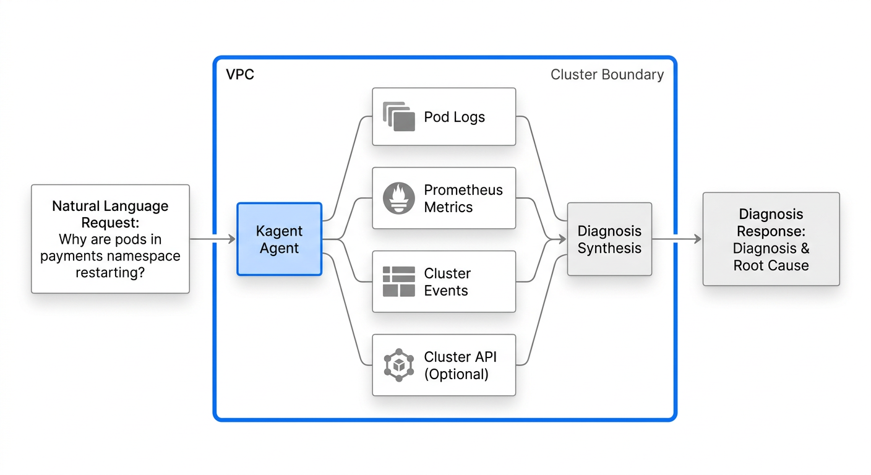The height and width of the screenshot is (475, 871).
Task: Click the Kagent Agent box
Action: pyautogui.click(x=279, y=239)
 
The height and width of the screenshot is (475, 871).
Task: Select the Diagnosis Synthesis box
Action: pyautogui.click(x=609, y=239)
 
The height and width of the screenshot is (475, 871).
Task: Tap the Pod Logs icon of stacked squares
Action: pyautogui.click(x=399, y=116)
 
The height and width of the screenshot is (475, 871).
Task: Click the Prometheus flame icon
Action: pyautogui.click(x=399, y=199)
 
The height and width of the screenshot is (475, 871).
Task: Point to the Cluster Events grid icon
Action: pyautogui.click(x=399, y=282)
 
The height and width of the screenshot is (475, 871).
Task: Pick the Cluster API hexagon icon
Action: pyautogui.click(x=399, y=365)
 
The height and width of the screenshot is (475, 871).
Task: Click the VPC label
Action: pyautogui.click(x=240, y=75)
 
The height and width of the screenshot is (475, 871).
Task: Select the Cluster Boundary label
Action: pyautogui.click(x=607, y=75)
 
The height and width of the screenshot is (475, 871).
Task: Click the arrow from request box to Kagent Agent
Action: pyautogui.click(x=212, y=239)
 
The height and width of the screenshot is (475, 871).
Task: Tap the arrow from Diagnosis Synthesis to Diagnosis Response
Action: pyautogui.click(x=677, y=239)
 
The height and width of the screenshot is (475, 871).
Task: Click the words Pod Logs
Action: pyautogui.click(x=454, y=117)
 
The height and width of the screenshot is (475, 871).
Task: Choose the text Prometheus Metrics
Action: pyautogui.click(x=463, y=199)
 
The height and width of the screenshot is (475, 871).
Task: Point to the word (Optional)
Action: pyautogui.click(x=456, y=374)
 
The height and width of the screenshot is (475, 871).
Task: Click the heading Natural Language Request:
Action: pyautogui.click(x=110, y=214)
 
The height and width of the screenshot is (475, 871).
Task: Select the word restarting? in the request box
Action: pyautogui.click(x=110, y=272)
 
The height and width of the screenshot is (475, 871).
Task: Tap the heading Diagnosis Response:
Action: pyautogui.click(x=771, y=223)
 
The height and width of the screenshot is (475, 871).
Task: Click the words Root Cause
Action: pyautogui.click(x=771, y=265)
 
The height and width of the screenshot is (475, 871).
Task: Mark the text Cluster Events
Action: pyautogui.click(x=447, y=282)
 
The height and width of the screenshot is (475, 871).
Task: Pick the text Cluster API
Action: pyautogui.click(x=460, y=357)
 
